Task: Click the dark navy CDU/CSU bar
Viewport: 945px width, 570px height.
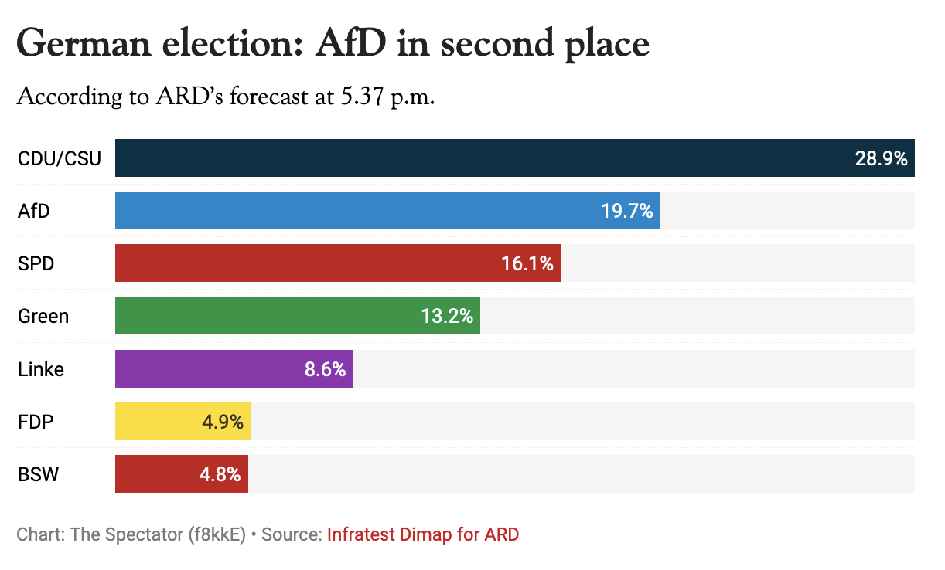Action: point(479,158)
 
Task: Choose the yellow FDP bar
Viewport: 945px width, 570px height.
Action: point(155,422)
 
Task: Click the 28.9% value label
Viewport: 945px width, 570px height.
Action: point(881,158)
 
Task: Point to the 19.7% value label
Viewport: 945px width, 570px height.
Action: point(627,211)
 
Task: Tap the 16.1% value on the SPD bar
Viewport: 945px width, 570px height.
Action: point(527,263)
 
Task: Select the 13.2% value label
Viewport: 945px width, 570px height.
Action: point(447,316)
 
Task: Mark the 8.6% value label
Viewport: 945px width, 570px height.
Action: point(325,369)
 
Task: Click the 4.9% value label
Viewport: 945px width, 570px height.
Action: point(223,422)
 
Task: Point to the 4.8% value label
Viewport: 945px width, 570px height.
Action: point(220,474)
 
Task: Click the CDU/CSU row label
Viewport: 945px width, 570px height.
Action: point(60,158)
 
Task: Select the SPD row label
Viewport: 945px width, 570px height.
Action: point(36,263)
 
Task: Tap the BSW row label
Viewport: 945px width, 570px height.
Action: point(39,474)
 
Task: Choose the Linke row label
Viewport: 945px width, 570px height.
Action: point(41,369)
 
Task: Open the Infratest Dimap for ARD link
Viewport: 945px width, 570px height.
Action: point(423,534)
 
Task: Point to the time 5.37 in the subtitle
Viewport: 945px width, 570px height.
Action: point(363,98)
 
